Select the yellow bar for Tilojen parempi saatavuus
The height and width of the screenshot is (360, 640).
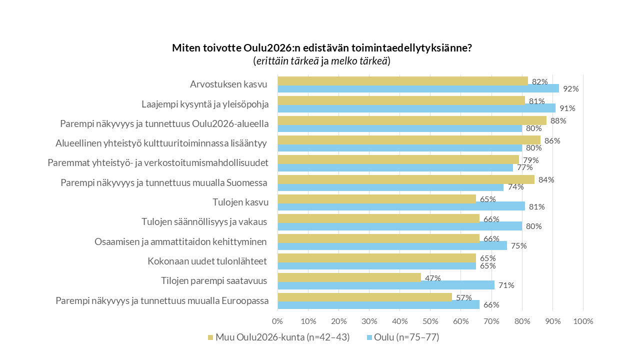point(349,277)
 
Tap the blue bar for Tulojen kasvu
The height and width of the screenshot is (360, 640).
point(401,206)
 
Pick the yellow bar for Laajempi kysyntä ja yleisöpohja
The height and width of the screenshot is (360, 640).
point(401,100)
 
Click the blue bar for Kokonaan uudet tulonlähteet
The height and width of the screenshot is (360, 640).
point(376,265)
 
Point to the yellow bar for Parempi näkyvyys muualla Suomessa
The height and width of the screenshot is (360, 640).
point(405,179)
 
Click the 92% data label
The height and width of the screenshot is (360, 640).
point(570,89)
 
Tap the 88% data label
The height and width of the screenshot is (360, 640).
point(558,120)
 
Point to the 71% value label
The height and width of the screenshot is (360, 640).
point(506,285)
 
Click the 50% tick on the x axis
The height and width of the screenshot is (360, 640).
point(430,321)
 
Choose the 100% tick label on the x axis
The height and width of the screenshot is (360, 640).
point(583,321)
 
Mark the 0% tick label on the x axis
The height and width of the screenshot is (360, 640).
point(277,321)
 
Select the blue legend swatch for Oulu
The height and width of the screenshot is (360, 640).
point(370,337)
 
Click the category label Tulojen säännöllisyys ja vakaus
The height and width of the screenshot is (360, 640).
point(204,222)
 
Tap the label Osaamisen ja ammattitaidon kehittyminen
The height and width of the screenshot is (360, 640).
point(180,241)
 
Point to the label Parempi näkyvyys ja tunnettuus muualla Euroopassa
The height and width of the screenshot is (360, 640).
point(162,300)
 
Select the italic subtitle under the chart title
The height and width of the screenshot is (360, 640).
point(321,61)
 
